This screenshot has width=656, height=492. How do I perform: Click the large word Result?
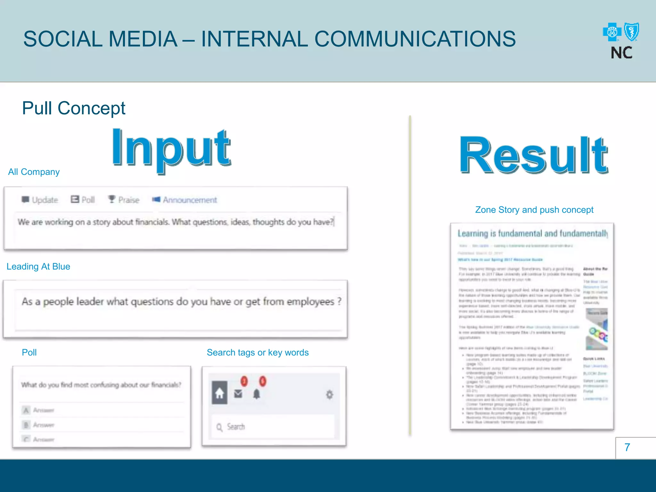(534, 155)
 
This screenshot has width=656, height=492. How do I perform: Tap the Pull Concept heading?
(74, 108)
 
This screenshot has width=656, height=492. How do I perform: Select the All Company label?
(34, 172)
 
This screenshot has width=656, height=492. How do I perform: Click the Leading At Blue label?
(38, 266)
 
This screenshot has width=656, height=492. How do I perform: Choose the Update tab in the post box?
(40, 200)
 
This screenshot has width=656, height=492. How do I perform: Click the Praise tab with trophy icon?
(124, 200)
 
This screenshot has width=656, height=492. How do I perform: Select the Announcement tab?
(185, 200)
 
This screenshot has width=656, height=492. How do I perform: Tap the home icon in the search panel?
(220, 393)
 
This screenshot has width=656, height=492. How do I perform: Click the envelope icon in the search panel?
(238, 393)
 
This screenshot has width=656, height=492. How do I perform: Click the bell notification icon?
(257, 394)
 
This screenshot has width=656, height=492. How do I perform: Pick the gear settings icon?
(329, 394)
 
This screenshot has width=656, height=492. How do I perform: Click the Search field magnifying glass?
(219, 427)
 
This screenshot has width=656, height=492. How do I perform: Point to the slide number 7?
(627, 447)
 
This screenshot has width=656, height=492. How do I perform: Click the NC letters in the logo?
(621, 53)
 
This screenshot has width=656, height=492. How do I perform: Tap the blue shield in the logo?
(632, 32)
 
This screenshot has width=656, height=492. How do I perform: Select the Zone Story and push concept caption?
(534, 210)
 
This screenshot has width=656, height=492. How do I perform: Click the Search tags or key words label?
(258, 352)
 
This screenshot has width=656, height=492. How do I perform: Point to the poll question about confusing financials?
(101, 385)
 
